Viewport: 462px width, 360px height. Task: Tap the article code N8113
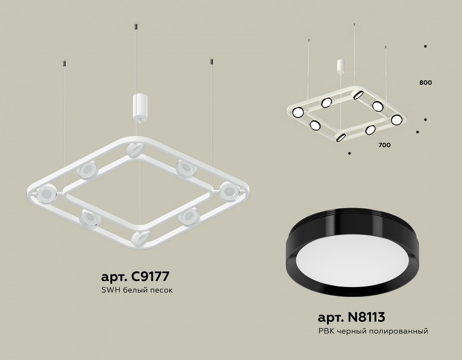352,316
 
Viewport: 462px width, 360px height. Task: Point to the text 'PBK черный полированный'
373,331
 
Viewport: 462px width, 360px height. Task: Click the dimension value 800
426,82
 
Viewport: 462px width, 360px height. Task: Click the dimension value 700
384,145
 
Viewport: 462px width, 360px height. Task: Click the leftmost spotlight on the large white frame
46,193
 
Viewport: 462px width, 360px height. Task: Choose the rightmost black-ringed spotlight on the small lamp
396,119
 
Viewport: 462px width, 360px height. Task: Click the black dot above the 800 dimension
425,46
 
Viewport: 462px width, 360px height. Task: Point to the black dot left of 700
349,152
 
